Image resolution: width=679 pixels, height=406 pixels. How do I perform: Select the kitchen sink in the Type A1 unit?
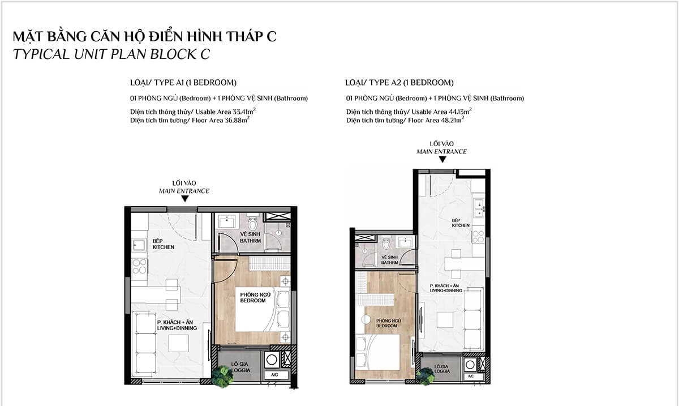pos(139,245)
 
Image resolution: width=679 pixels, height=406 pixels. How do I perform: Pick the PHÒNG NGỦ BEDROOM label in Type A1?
pos(252,298)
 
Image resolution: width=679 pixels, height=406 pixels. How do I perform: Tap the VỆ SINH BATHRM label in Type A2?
pos(389,260)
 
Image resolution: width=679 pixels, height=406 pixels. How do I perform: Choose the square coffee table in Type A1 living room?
pos(180,343)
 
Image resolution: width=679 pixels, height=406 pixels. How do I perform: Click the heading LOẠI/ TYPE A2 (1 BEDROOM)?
pos(399,82)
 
